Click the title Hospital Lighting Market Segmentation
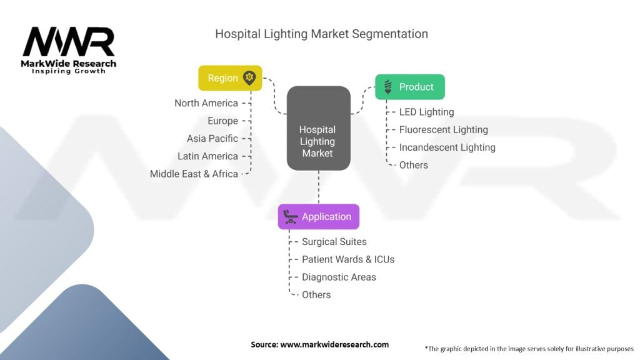pos(321,34)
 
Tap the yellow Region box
pos(230,78)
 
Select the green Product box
pos(410,87)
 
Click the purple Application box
pos(319,217)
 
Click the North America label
pos(206,103)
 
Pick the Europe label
pos(222,121)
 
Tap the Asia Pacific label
pos(212,138)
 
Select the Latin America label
pos(207,156)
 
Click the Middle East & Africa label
pos(194,174)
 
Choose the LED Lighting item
pos(426,112)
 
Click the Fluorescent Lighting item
pos(443,129)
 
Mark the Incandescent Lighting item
pos(447,147)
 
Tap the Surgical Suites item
pos(334,241)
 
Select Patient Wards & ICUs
pos(348,259)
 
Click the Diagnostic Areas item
pos(339,277)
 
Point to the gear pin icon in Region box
pos(249,77)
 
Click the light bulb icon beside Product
pos(387,87)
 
